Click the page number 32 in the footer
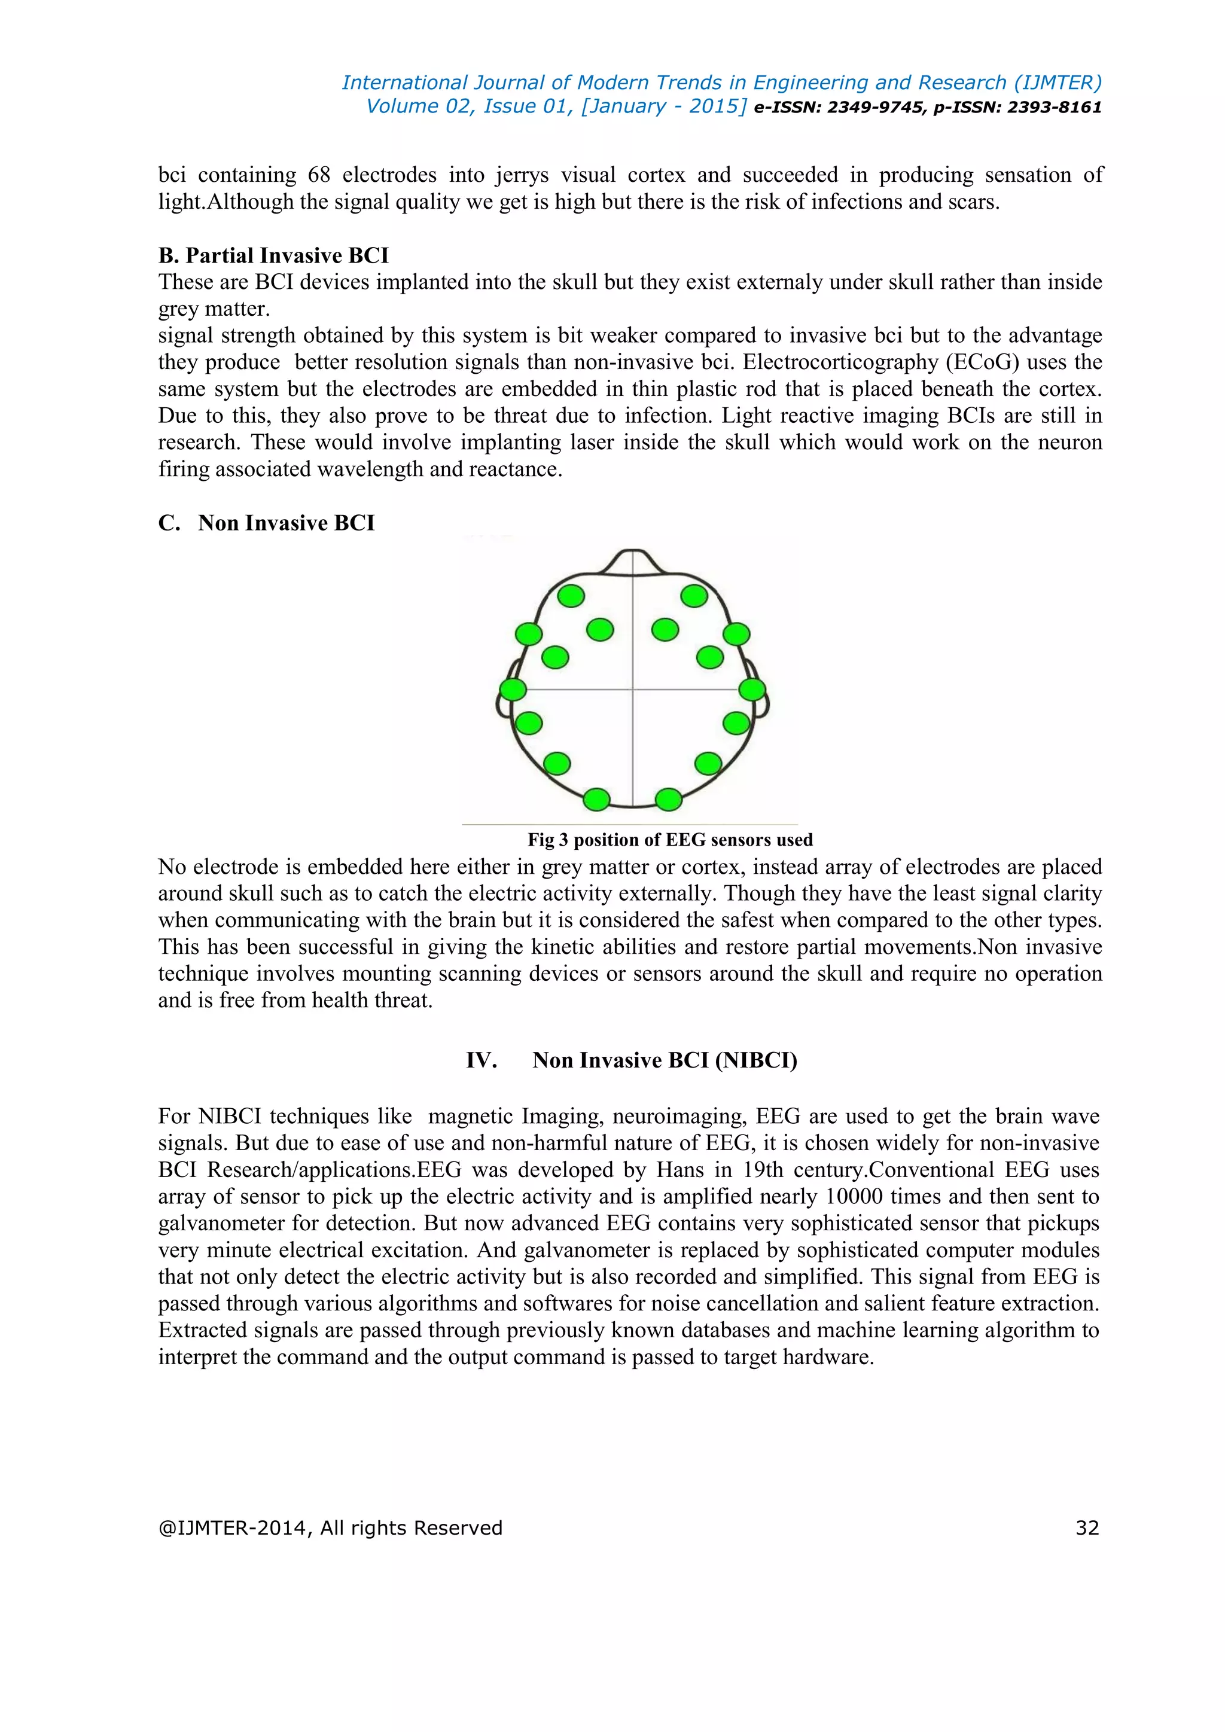pos(1087,1527)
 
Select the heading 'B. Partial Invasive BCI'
pos(273,256)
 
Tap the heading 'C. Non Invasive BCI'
pos(266,523)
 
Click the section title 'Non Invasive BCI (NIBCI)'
pos(665,1060)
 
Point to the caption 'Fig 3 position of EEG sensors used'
pos(670,840)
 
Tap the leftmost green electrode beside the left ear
pos(513,689)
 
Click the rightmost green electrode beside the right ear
pos(752,689)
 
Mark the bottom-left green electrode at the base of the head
pos(597,799)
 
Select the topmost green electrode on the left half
pos(571,596)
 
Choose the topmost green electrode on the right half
pos(694,596)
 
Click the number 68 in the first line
pos(319,175)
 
